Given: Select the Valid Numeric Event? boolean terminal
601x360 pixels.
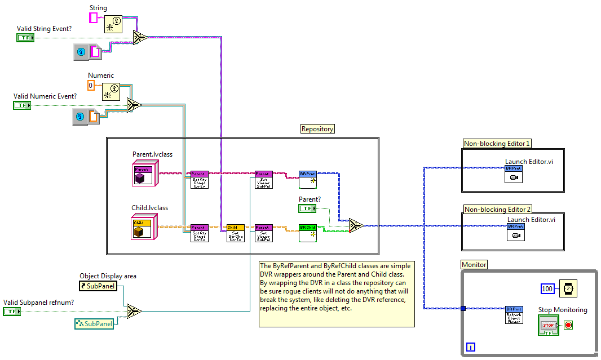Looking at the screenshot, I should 22,105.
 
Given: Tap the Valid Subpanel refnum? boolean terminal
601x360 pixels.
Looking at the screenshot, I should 11,311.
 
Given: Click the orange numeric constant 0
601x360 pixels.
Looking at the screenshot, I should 91,86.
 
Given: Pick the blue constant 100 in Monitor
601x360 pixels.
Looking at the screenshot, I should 547,288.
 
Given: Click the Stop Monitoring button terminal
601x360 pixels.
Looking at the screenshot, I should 548,326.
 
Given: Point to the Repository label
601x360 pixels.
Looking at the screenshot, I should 317,129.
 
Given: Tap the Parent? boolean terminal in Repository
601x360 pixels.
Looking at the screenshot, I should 307,208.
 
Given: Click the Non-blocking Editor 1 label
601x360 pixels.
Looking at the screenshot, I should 497,144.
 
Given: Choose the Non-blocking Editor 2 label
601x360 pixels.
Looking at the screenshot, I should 497,210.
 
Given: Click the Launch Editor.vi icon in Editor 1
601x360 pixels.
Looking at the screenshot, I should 514,174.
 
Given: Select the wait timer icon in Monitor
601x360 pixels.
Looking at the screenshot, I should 568,288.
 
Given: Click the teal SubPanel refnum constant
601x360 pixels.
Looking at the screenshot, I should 95,323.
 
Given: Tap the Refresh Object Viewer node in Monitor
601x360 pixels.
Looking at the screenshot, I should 514,314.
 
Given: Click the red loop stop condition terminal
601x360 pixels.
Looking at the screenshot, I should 568,326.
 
